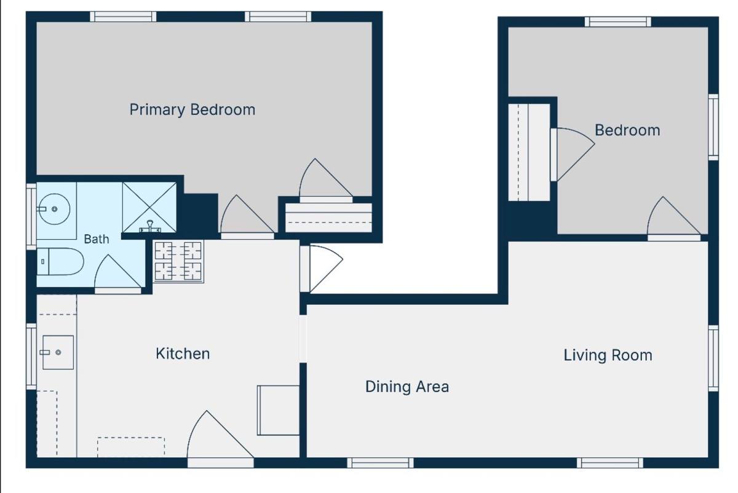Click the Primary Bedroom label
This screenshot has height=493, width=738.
(192, 110)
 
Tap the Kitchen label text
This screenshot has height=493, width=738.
(183, 353)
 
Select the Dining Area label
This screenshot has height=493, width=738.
(407, 387)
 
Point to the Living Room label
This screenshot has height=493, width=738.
(608, 355)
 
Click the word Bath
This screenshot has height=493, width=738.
(97, 239)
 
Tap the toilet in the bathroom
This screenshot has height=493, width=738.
(60, 261)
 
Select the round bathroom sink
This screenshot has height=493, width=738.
(54, 209)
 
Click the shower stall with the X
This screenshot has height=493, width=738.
(149, 208)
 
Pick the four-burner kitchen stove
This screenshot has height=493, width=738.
(178, 261)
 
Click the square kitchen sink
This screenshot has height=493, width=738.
(58, 352)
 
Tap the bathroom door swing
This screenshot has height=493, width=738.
(118, 273)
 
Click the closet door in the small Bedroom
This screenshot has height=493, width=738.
(573, 154)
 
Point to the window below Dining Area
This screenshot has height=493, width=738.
(381, 463)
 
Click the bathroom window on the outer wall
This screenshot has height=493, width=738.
(31, 216)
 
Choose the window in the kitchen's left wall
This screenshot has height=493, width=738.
(31, 357)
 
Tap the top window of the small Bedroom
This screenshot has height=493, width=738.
(618, 22)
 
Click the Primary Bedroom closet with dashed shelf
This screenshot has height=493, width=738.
(328, 218)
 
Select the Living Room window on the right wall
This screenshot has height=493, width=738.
(713, 358)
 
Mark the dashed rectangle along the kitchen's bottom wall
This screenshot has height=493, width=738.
(131, 447)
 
